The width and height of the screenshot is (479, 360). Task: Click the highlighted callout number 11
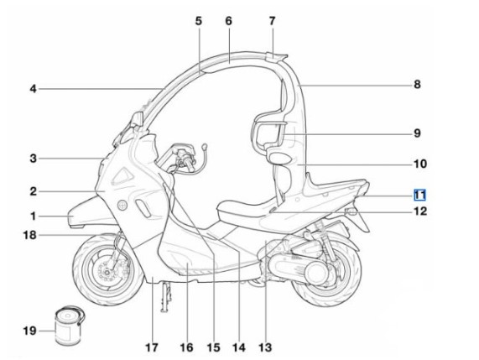419,195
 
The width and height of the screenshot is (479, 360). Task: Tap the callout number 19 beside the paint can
29,331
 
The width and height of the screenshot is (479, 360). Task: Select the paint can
69,326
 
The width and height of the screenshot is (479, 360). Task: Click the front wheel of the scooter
108,269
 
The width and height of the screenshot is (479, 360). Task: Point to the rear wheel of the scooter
326,271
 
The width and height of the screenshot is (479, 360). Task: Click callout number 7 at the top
272,21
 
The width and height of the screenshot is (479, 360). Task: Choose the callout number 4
33,89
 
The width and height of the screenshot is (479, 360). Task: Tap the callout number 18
29,235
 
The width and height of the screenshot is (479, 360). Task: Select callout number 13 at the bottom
265,347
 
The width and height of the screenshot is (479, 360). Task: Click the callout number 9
417,133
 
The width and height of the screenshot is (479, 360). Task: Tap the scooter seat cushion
244,209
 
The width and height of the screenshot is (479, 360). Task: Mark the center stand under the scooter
165,296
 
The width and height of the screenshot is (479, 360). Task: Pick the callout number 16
186,347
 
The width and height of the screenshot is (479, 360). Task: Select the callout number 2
33,191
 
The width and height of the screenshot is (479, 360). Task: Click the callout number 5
199,21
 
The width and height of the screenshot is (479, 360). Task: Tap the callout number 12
420,211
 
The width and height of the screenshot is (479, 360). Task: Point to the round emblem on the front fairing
122,205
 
